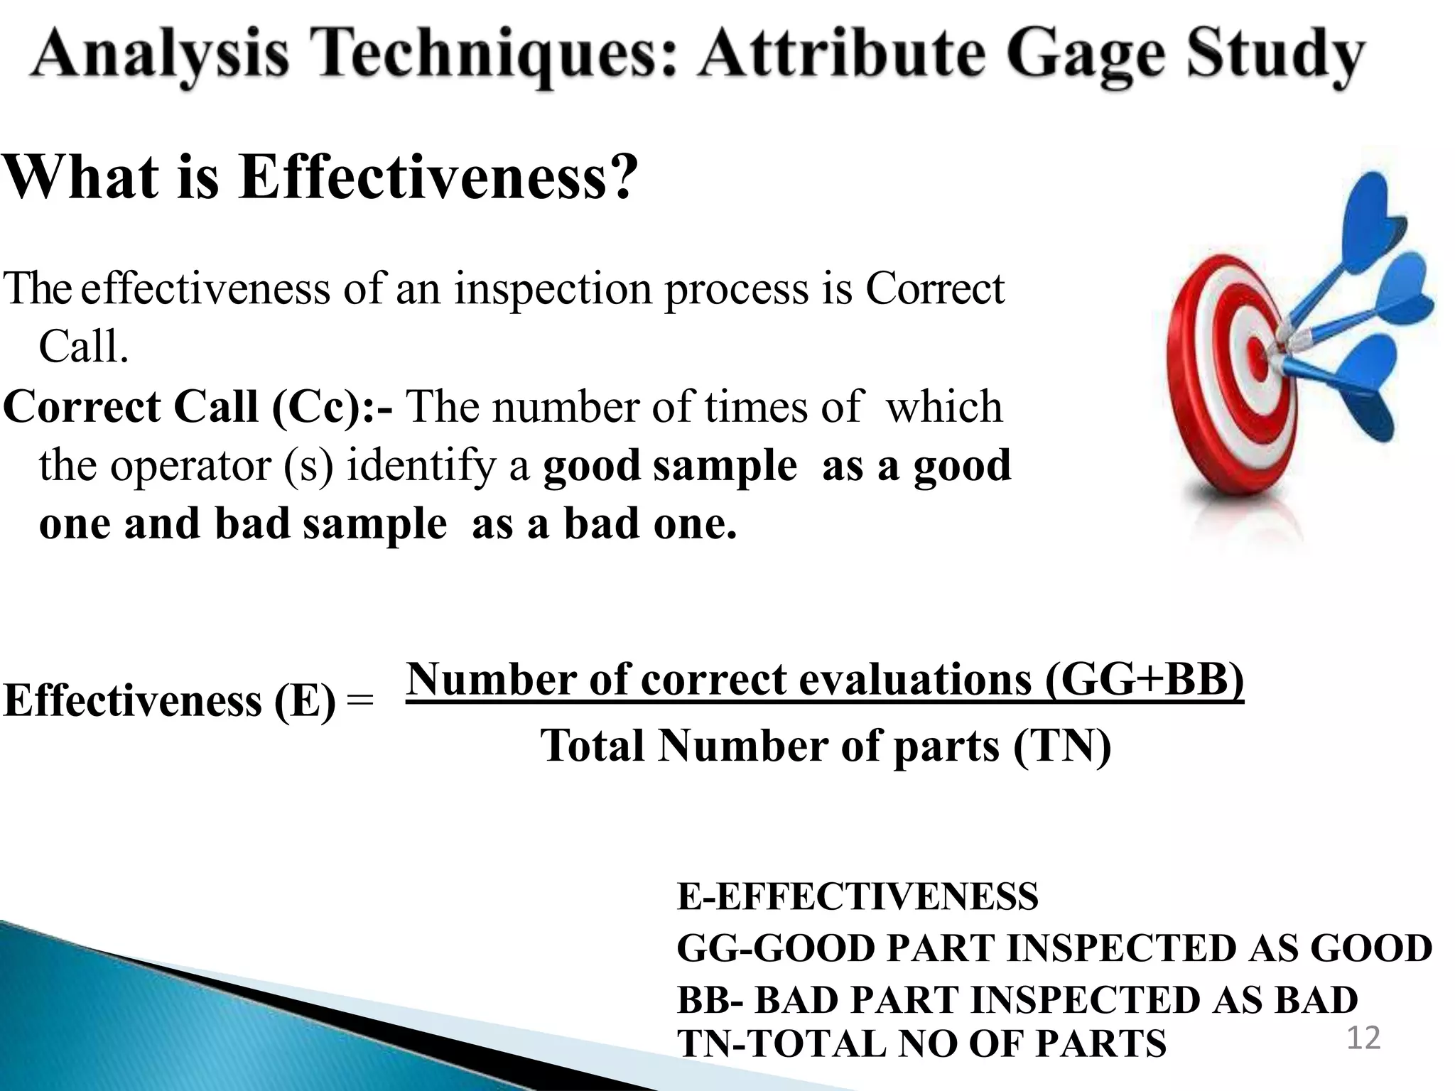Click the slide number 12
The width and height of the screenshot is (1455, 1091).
[1363, 1038]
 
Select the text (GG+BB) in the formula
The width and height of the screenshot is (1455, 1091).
[1145, 679]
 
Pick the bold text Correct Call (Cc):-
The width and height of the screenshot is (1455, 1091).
[198, 407]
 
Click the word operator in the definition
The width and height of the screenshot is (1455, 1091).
[190, 466]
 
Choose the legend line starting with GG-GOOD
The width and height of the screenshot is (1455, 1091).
[1054, 948]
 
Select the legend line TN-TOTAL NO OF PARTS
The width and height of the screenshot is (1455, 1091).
[921, 1043]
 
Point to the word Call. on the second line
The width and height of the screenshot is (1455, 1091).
[84, 347]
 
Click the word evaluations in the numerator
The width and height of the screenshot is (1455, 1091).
[915, 679]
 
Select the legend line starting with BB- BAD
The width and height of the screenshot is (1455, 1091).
[1017, 1000]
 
